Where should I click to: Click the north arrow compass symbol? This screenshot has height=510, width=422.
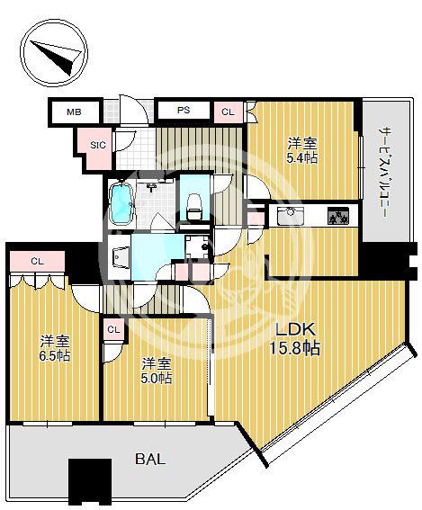(54, 54)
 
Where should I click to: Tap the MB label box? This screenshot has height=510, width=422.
(74, 112)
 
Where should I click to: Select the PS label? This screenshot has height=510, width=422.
(184, 111)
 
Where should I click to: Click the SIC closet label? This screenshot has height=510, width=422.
(97, 145)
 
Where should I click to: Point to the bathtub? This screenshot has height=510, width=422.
(121, 204)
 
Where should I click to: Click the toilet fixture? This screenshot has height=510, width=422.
(195, 207)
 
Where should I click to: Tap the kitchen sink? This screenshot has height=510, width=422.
(291, 216)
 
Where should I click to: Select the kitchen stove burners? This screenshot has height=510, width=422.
(338, 216)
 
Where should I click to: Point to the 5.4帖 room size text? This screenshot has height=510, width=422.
(301, 158)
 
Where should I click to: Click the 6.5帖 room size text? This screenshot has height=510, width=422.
(55, 356)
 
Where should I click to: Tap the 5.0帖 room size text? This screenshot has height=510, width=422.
(157, 378)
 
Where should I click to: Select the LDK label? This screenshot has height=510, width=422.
(296, 329)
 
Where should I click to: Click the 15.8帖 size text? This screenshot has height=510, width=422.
(295, 348)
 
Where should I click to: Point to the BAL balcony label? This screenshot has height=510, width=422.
(150, 460)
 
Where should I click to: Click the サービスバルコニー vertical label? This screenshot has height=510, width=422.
(383, 172)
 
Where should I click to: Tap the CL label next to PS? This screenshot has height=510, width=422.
(228, 112)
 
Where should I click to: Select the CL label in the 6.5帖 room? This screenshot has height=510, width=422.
(38, 261)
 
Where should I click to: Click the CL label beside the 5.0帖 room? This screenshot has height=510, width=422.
(113, 330)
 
